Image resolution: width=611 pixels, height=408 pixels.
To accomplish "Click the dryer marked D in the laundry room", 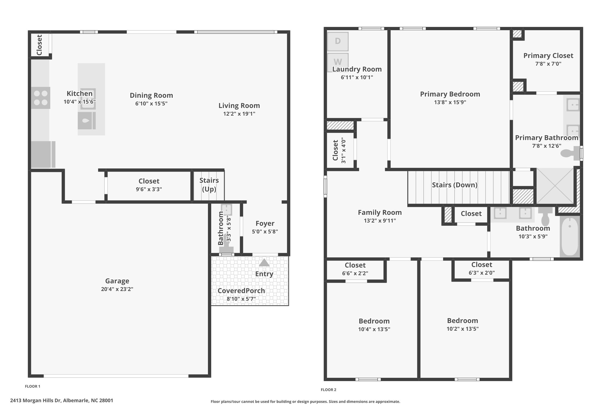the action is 338,41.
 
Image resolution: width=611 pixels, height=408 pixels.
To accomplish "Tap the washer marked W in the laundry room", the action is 338,62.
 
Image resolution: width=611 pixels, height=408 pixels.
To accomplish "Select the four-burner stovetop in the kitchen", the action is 41,98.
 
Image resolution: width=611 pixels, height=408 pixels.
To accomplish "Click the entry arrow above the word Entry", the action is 264,263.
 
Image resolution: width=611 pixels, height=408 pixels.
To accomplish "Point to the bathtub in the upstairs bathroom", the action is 570,236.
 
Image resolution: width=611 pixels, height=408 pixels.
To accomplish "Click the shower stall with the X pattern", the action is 555,186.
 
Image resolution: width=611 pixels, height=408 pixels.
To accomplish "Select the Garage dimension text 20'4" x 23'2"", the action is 117,289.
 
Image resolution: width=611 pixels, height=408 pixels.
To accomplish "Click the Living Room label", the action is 239,106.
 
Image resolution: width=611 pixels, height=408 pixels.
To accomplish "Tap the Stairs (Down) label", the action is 455,185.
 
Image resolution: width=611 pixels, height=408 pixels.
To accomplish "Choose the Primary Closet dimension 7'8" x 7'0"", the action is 548,64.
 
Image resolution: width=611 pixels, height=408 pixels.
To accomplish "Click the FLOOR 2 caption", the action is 328,390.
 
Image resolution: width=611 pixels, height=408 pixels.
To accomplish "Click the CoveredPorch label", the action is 241,291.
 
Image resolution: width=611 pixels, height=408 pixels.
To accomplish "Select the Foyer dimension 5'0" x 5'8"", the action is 265,231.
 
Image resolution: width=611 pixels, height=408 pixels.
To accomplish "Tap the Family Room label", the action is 380,213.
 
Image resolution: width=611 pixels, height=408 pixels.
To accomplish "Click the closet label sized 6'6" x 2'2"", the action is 355,265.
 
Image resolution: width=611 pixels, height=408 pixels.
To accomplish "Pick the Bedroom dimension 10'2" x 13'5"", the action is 462,329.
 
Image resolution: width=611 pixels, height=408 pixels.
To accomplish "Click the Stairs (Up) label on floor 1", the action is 209,185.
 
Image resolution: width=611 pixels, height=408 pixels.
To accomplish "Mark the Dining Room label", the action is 151,95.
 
